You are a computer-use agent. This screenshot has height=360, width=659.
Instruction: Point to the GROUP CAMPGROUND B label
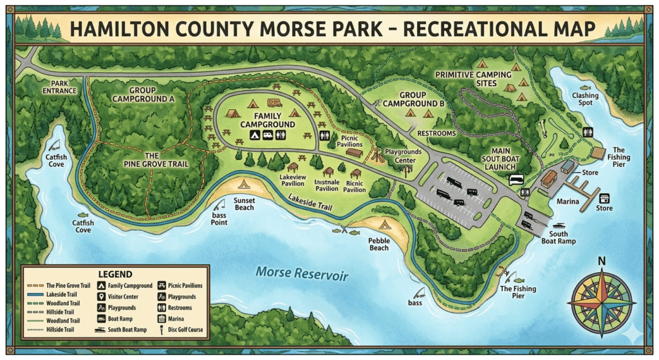coord(414,99)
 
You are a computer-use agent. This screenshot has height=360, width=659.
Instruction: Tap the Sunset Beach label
coord(244,204)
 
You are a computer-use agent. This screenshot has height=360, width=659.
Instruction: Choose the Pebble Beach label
coord(379,243)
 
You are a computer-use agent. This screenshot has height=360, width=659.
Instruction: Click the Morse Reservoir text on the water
coord(302,274)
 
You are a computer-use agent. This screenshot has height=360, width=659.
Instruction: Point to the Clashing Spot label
coord(585,100)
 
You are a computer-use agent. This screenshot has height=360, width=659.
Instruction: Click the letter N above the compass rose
coord(602,261)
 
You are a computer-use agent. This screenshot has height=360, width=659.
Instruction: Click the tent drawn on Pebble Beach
coord(385,225)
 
